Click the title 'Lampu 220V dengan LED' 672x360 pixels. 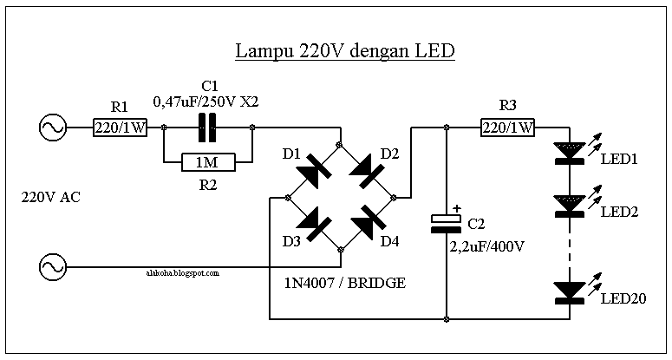point(345,51)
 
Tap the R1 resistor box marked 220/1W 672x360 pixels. point(120,128)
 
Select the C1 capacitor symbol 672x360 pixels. point(207,128)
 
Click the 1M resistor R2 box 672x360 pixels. point(208,162)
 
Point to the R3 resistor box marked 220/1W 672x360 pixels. point(508,128)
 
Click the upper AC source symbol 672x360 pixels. point(53,128)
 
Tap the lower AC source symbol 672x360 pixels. point(53,267)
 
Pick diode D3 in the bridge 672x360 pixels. point(313,223)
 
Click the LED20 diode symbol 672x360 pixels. point(570,293)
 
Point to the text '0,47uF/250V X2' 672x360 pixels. point(206,102)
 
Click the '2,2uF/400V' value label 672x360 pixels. point(486,247)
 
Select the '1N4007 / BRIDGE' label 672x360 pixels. point(345,283)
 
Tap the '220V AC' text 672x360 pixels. point(50,197)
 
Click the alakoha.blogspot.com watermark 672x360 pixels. point(183,272)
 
